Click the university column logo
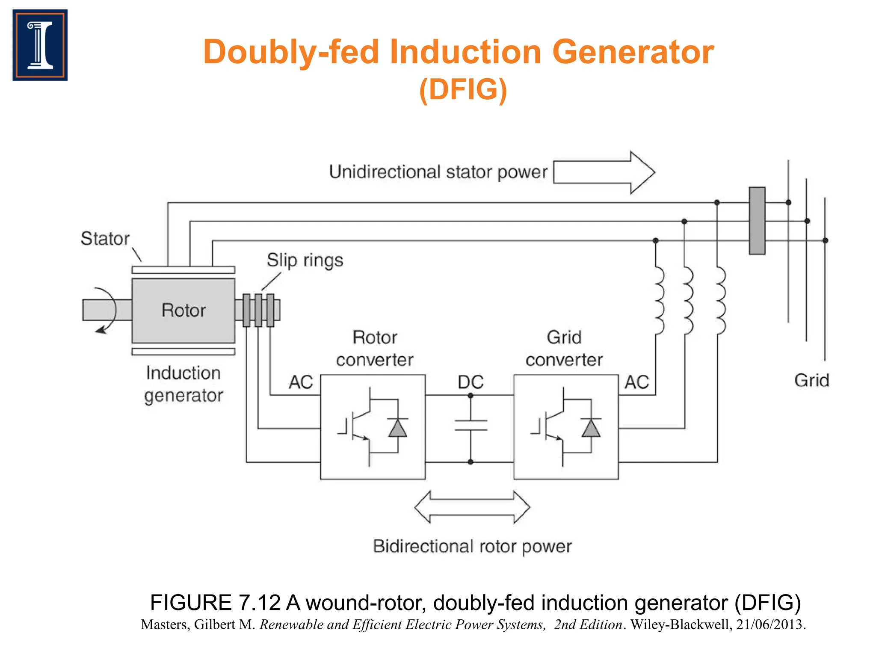pyautogui.click(x=40, y=45)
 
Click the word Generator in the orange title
pyautogui.click(x=633, y=52)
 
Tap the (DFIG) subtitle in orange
pyautogui.click(x=463, y=89)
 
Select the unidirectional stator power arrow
pyautogui.click(x=603, y=172)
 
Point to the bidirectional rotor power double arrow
pyautogui.click(x=472, y=507)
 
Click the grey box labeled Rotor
pyautogui.click(x=183, y=311)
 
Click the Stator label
pyautogui.click(x=105, y=239)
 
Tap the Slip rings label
pyautogui.click(x=305, y=260)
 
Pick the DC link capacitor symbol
pyautogui.click(x=471, y=425)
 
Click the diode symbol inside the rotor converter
pyautogui.click(x=398, y=428)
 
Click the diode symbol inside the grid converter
pyautogui.click(x=591, y=428)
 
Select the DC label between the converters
pyautogui.click(x=471, y=382)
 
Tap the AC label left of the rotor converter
pyautogui.click(x=301, y=382)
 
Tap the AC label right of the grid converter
pyautogui.click(x=636, y=382)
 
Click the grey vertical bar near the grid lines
pyautogui.click(x=757, y=221)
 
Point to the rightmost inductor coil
pyautogui.click(x=720, y=301)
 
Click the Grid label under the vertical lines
pyautogui.click(x=811, y=380)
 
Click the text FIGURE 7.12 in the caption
pyautogui.click(x=215, y=603)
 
